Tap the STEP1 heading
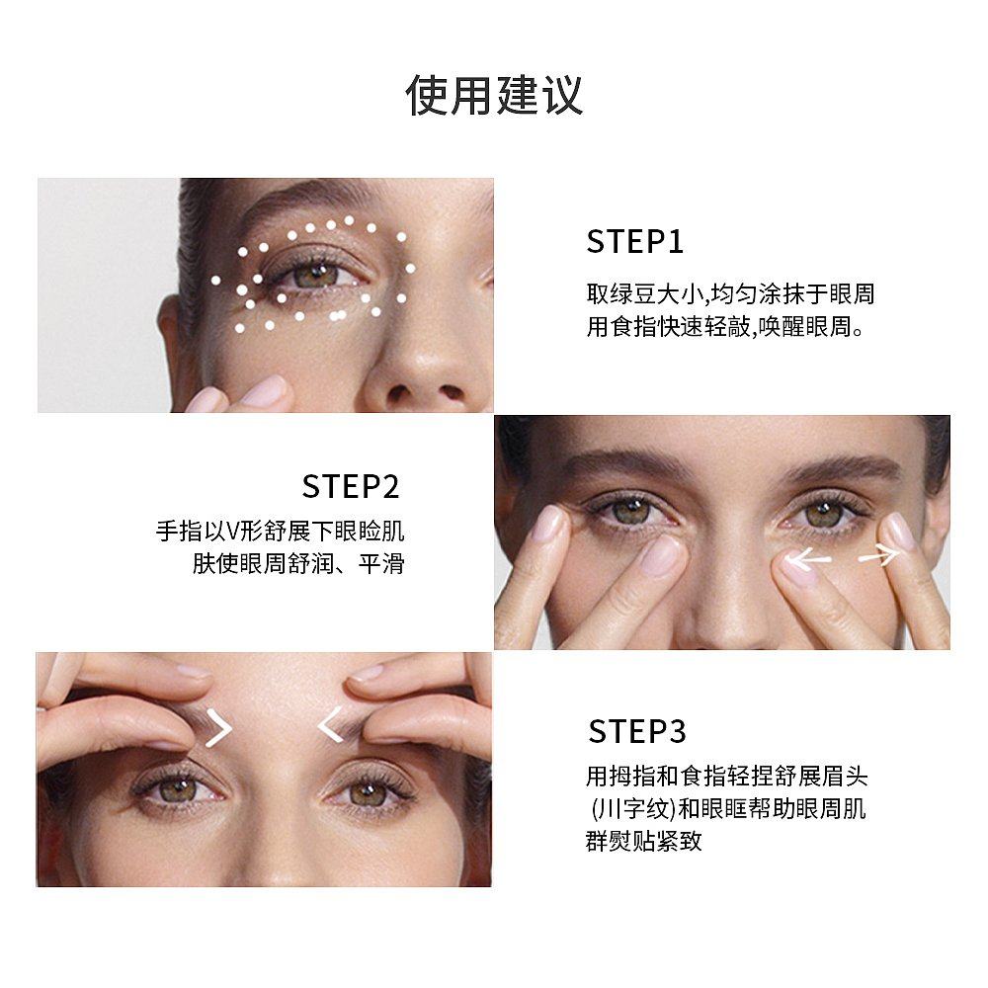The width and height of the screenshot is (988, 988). (635, 242)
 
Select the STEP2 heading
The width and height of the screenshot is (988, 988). (351, 486)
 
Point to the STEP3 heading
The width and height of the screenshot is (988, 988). (636, 731)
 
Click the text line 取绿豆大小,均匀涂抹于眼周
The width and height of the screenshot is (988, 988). (730, 294)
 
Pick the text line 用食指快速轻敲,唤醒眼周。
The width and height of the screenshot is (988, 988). (726, 327)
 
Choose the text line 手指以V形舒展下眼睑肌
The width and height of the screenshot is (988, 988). (280, 533)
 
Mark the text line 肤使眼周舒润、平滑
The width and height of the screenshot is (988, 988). (297, 565)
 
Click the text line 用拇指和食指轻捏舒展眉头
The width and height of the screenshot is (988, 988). (726, 777)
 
